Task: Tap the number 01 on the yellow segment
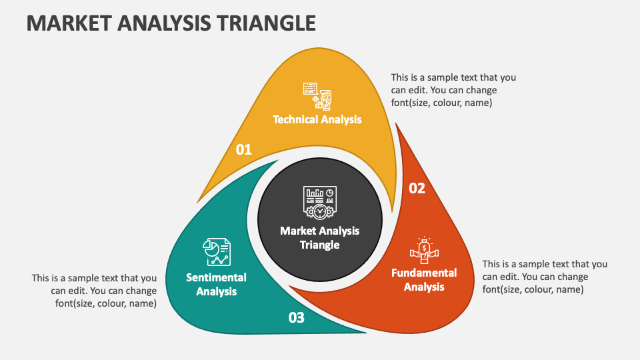coord(244,149)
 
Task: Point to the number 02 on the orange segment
coord(417,188)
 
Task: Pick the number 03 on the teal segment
coord(297,317)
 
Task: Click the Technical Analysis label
coord(317,119)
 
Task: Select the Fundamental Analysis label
coord(424,280)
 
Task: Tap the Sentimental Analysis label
coord(216,284)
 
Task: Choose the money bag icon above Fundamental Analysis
coord(424,250)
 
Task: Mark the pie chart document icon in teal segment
coord(216,252)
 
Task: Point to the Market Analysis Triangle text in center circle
coord(320,237)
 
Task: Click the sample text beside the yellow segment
coord(453,90)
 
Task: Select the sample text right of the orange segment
coord(545,277)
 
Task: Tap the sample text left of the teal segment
coord(94,291)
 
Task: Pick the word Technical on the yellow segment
coord(295,119)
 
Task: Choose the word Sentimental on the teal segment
coord(216,277)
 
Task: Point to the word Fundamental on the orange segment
coord(424,273)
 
